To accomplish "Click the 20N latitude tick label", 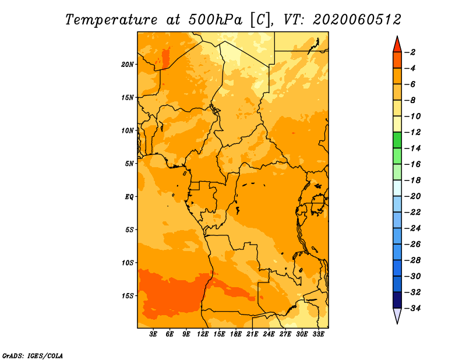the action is [x=128, y=65].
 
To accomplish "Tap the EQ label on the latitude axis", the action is [x=129, y=197].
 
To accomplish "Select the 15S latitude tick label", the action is [x=128, y=296].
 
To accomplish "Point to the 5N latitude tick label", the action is [x=129, y=164].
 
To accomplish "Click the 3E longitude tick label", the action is [x=153, y=334].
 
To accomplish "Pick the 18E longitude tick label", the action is [x=236, y=334].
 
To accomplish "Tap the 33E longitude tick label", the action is [x=318, y=334].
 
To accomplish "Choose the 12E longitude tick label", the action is [x=203, y=334].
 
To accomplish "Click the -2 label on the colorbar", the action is [x=412, y=52].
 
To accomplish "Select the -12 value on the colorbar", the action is [x=413, y=132].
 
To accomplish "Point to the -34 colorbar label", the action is [x=413, y=308].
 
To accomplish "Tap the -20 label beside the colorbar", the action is [x=413, y=196].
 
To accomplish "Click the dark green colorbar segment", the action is [x=397, y=140].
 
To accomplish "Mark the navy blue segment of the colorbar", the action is [x=397, y=300].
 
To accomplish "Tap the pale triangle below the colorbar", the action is [x=397, y=315].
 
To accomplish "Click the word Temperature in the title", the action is [x=111, y=20].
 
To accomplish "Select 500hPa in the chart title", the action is [x=216, y=20].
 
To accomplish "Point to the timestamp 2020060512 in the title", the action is [x=357, y=20].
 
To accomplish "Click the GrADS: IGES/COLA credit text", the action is [x=33, y=356].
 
